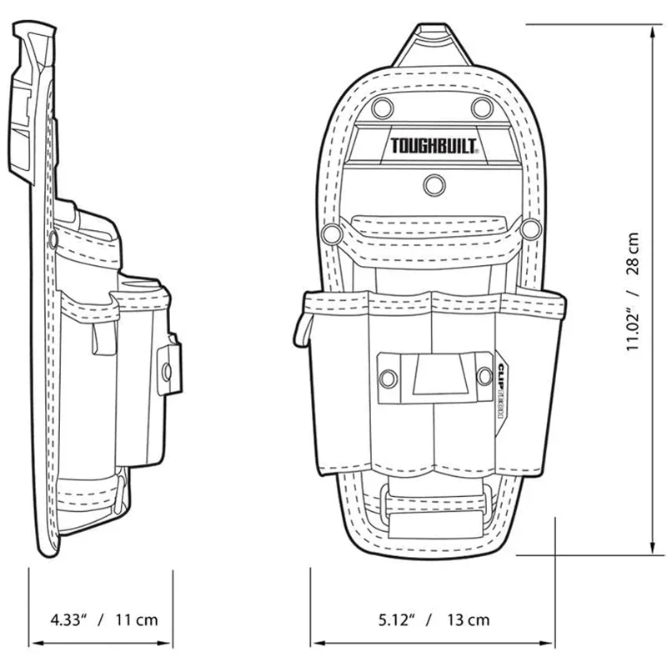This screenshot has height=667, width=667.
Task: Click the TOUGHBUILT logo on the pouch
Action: [x=434, y=148]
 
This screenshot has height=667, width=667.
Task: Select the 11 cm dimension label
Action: [x=135, y=619]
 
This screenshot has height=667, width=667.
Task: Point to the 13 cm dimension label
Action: [x=468, y=619]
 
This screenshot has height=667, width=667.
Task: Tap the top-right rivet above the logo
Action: [x=481, y=107]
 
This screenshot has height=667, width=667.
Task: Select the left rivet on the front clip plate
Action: [x=387, y=379]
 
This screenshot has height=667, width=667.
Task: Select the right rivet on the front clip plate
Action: [x=483, y=378]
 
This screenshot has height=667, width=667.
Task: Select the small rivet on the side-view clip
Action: [x=165, y=367]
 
